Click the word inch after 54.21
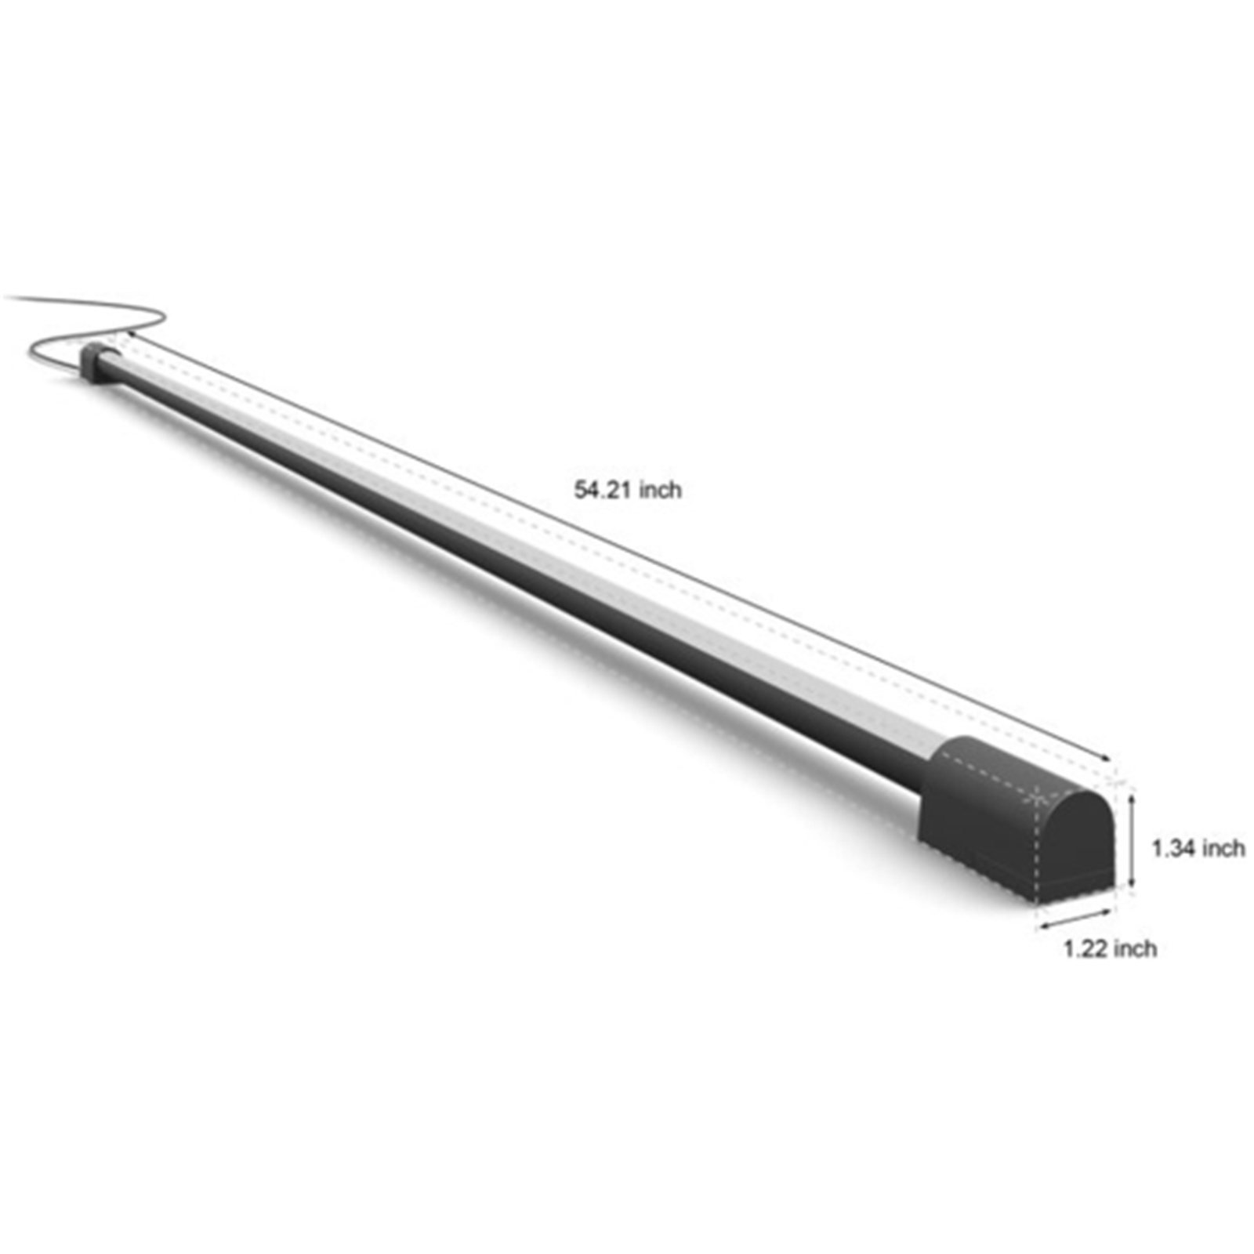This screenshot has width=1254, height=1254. pos(661,490)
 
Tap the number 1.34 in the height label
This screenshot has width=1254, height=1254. pos(1172,848)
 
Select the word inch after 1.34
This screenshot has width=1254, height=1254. pos(1224,848)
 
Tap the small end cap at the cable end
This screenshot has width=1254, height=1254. pos(96,363)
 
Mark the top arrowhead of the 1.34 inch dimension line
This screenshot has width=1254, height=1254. pos(1131,797)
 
